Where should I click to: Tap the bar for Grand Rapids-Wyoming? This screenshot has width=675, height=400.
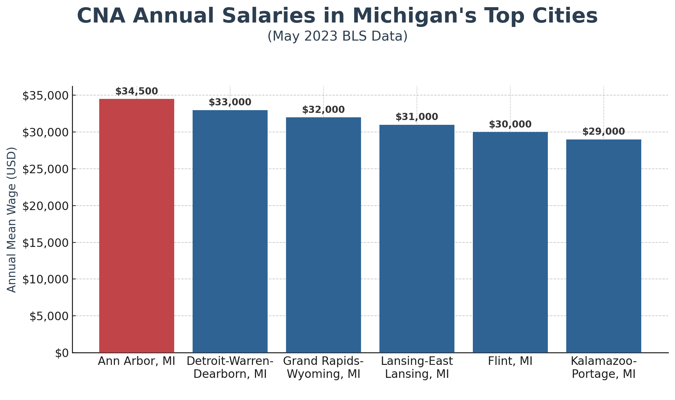pyautogui.click(x=323, y=235)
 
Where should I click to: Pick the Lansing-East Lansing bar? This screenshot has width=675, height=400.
pyautogui.click(x=417, y=239)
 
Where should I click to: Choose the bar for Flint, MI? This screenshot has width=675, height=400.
pyautogui.click(x=510, y=242)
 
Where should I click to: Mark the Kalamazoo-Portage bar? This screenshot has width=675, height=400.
pyautogui.click(x=603, y=246)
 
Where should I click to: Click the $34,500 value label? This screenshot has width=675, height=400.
pyautogui.click(x=136, y=91)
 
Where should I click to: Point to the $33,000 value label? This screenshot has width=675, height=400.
pyautogui.click(x=230, y=102)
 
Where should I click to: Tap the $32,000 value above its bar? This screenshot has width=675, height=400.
pyautogui.click(x=323, y=110)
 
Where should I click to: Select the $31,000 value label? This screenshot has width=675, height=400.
pyautogui.click(x=417, y=117)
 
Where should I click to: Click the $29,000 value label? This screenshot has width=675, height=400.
pyautogui.click(x=603, y=132)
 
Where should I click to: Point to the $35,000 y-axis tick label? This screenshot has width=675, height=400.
pyautogui.click(x=45, y=95)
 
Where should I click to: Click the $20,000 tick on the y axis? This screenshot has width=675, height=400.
pyautogui.click(x=45, y=206)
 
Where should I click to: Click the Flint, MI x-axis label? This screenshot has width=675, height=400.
pyautogui.click(x=510, y=361)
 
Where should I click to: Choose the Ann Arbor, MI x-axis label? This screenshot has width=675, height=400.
pyautogui.click(x=136, y=361)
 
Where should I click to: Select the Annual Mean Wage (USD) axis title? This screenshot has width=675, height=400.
pyautogui.click(x=12, y=220)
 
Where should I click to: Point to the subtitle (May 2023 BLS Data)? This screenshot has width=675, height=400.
pyautogui.click(x=337, y=36)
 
